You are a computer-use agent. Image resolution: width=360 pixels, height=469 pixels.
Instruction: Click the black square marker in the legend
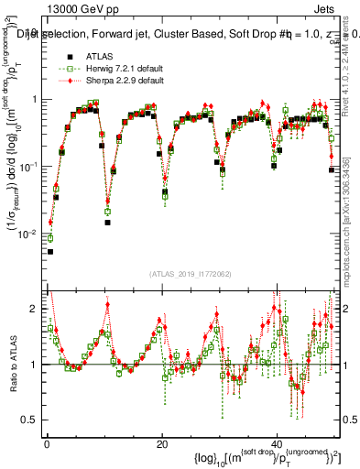64,57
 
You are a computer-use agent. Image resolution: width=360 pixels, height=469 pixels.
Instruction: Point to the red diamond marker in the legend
64,81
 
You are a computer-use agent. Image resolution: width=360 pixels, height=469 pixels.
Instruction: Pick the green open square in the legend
64,69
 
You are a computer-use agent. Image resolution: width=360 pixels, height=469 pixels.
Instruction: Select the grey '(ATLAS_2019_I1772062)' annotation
191,274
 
